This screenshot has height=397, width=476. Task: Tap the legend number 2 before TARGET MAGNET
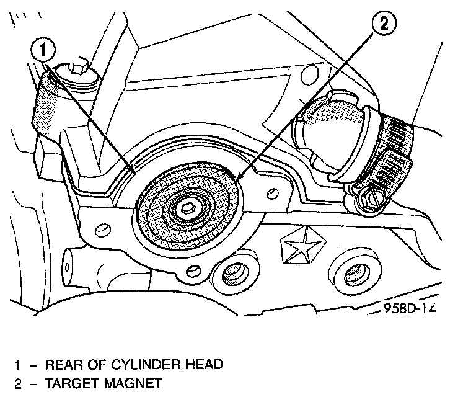coord(18,383)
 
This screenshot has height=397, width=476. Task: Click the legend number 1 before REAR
coord(18,364)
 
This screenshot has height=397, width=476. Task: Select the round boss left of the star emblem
coord(234,271)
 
